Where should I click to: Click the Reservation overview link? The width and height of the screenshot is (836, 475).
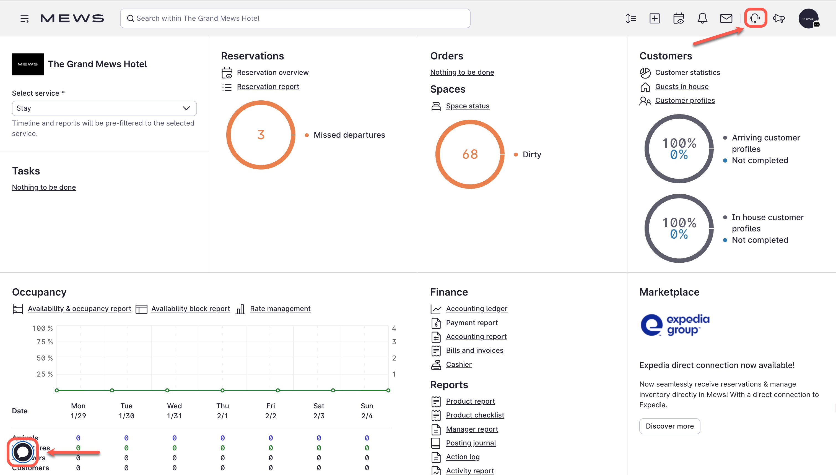272,72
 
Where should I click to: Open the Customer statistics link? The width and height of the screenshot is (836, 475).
687,72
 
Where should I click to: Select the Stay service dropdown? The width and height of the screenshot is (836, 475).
104,108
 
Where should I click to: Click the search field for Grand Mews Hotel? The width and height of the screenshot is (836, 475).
295,18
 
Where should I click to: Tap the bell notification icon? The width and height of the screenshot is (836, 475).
702,18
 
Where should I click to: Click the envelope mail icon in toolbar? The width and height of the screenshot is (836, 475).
726,18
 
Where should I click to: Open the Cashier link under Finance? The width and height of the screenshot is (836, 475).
458,364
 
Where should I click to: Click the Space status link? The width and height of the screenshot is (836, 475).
467,106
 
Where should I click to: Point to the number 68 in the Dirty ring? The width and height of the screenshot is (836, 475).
470,154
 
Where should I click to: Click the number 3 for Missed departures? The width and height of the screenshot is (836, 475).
261,135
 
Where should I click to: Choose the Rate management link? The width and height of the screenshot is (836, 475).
280,309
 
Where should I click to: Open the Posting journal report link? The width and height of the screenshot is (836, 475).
471,443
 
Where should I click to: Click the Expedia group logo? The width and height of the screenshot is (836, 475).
675,325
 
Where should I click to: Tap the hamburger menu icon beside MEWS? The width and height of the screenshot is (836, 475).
24,19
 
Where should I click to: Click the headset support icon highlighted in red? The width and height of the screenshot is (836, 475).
755,18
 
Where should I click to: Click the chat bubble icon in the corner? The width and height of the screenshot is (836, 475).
22,452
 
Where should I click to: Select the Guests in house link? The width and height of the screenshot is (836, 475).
682,87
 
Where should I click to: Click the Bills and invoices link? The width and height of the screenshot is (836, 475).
474,350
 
